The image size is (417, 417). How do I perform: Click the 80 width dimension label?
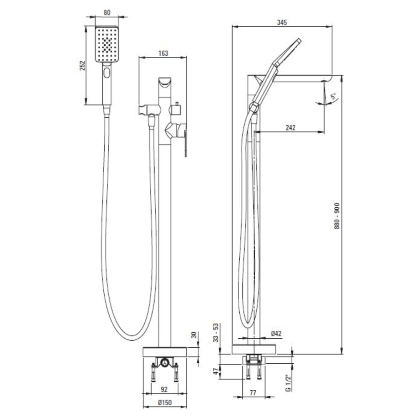pyautogui.click(x=107, y=13)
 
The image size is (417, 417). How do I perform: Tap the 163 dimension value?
pyautogui.click(x=163, y=53)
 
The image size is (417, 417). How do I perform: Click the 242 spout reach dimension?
pyautogui.click(x=290, y=128)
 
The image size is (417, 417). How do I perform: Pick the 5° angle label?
pyautogui.click(x=333, y=97)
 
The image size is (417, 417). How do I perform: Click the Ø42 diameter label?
pyautogui.click(x=276, y=333)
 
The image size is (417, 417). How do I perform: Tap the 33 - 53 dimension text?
pyautogui.click(x=216, y=333)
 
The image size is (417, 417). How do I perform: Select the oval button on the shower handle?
pyautogui.click(x=107, y=74)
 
